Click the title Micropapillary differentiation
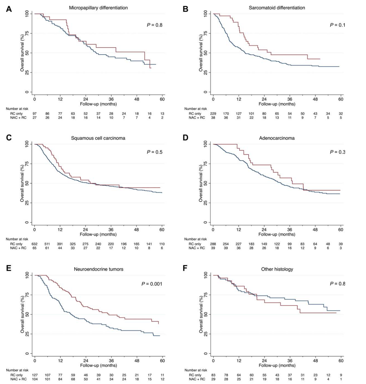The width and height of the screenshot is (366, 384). click(98, 8)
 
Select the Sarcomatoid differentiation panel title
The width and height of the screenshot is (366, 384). click(277, 8)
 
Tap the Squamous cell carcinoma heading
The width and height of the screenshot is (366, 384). click(98, 138)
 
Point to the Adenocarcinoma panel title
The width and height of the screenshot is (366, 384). click(277, 138)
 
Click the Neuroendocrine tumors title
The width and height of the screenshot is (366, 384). click(99, 269)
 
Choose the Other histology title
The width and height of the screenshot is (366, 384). click(277, 269)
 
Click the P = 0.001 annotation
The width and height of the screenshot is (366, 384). click(152, 284)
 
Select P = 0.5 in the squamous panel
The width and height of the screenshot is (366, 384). click(155, 152)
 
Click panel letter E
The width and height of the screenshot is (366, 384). click(9, 269)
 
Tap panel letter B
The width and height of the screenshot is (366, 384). click(186, 9)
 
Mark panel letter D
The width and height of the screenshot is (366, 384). click(186, 138)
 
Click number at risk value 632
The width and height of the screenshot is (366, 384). click(34, 244)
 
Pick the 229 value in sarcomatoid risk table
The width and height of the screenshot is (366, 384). click(213, 114)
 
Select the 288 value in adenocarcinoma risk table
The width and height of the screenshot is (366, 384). click(213, 244)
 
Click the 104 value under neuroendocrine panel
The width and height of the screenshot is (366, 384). click(34, 379)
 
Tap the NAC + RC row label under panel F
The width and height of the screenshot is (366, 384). click(197, 379)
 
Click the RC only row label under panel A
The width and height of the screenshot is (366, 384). click(16, 114)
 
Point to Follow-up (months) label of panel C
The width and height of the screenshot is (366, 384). click(98, 234)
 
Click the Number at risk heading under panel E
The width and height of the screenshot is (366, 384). click(17, 370)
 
